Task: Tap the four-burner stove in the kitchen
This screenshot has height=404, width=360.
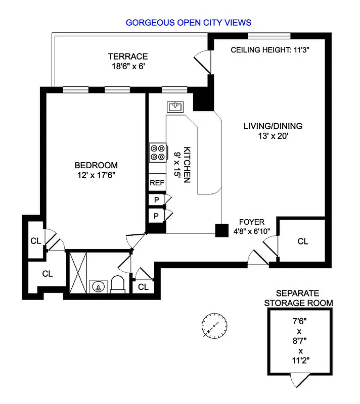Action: coord(158,153)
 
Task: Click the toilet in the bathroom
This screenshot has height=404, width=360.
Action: coord(117,284)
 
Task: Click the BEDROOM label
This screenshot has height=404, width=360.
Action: coord(96,165)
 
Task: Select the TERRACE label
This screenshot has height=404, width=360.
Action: coord(127,56)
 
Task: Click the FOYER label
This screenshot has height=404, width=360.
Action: coord(251,222)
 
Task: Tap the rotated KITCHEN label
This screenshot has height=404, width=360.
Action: coord(187,164)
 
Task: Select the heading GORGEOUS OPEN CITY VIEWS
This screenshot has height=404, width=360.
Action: coord(188,23)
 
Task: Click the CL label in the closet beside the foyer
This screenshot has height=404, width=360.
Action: coord(302,241)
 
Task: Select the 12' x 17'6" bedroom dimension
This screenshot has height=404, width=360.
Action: coord(96,175)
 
